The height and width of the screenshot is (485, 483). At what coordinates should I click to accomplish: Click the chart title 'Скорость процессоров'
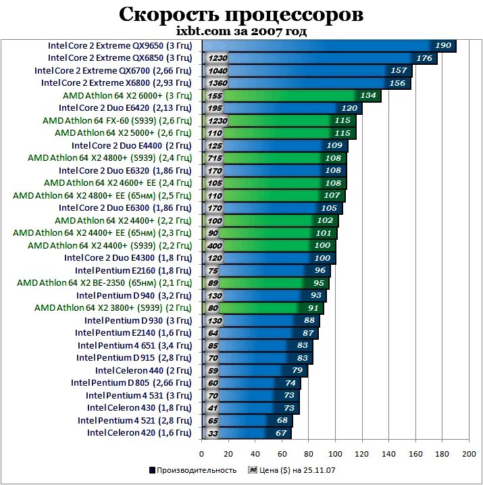[x=241, y=14]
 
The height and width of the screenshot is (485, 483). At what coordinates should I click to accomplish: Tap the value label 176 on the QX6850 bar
[x=425, y=59]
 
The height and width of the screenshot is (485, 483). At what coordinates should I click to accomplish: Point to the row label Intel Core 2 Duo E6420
[x=125, y=108]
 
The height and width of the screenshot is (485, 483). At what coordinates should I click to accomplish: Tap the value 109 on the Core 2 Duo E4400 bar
[x=334, y=145]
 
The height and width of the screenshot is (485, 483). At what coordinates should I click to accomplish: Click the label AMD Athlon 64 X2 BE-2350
[x=104, y=282]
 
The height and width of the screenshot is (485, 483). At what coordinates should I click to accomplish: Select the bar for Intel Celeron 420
[x=257, y=432]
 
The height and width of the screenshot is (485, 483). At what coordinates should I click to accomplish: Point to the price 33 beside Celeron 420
[x=213, y=433]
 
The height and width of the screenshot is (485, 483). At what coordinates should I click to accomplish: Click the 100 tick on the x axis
[x=336, y=454]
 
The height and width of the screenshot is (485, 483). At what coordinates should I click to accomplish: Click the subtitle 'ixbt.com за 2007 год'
[x=241, y=31]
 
